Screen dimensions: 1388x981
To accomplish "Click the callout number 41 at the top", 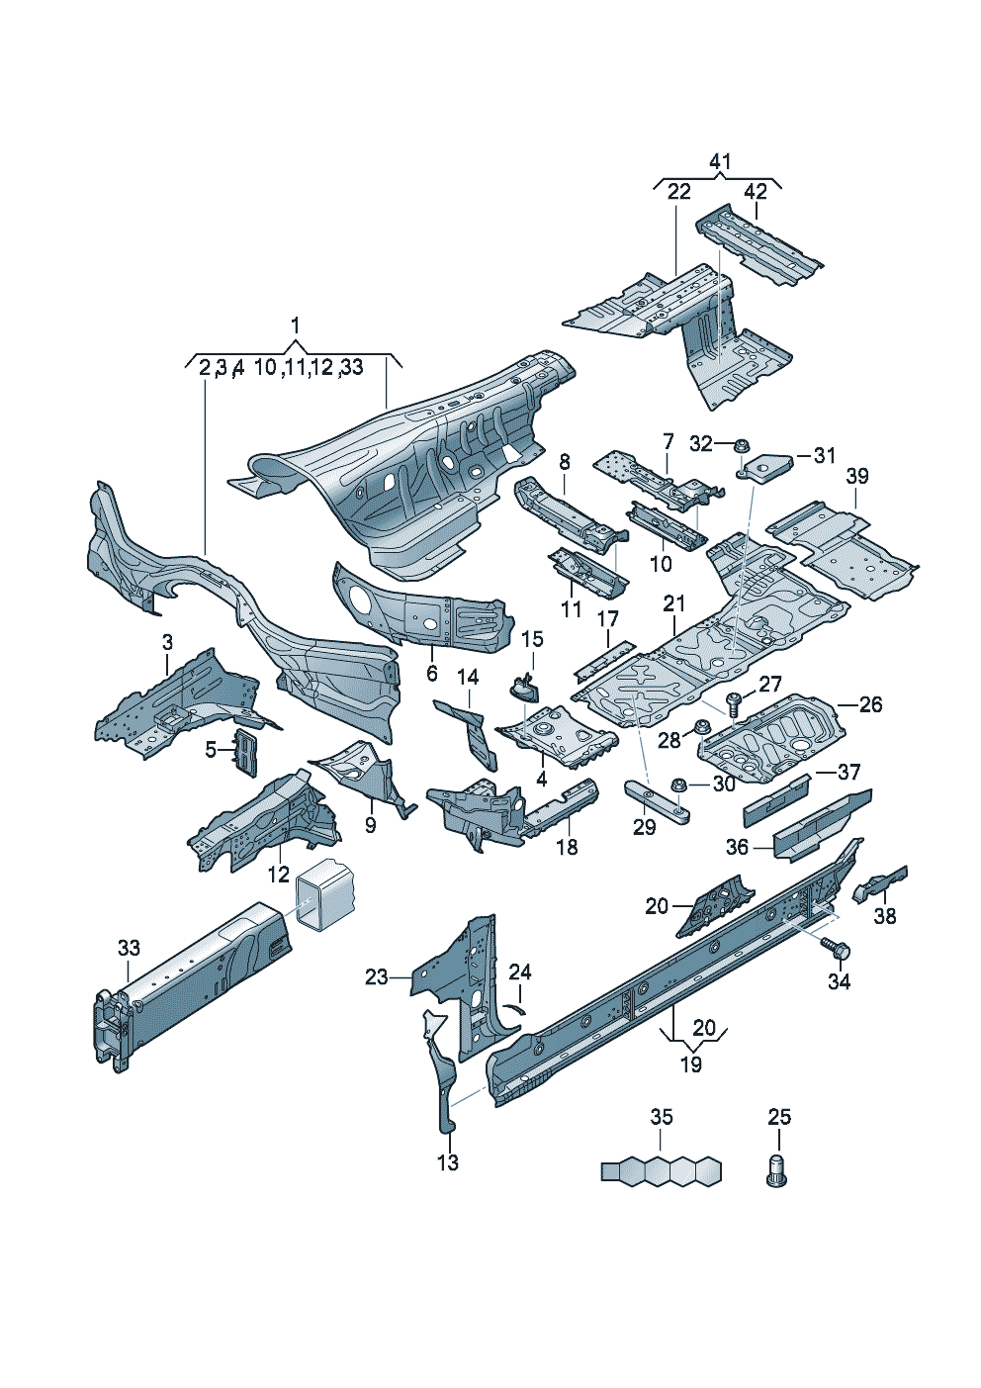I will click(720, 161).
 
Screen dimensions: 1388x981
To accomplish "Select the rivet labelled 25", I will click(777, 1169).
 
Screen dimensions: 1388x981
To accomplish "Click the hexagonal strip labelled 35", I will click(661, 1171).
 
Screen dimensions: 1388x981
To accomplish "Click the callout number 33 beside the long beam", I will click(129, 948).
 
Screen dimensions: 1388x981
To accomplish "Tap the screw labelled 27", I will click(733, 703).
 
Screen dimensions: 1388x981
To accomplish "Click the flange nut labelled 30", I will click(679, 785).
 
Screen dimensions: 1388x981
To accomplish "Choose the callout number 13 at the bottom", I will click(448, 1162).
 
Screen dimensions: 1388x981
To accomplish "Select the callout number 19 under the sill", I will click(691, 1064).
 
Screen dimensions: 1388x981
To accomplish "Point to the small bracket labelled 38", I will click(878, 882).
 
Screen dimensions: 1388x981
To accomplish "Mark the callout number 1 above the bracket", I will click(295, 324).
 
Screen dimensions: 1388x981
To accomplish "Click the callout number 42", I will click(756, 192).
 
